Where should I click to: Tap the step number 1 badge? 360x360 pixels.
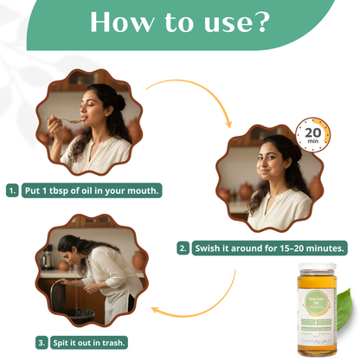click(12, 190)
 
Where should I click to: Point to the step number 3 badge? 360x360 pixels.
click(41, 342)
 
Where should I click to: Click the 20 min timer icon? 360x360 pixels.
click(312, 134)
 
